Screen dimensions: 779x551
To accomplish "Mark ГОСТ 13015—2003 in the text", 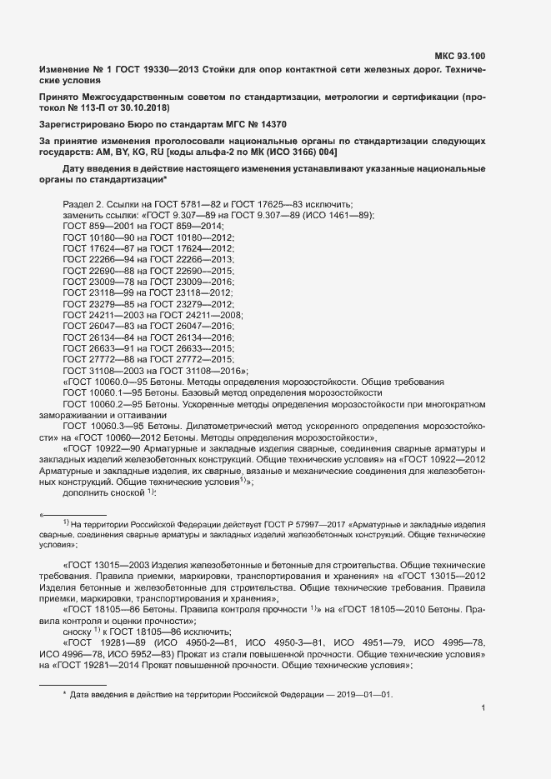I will tap(106, 564).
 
